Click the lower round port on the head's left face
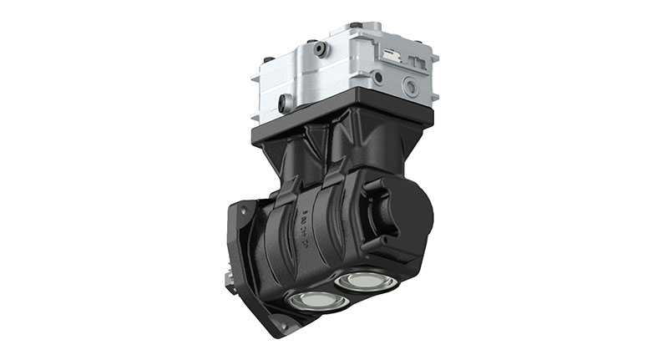coord(286,104)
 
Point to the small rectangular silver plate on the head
coord(392,58)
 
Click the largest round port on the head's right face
coord(411,86)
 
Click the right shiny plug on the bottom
coord(364,280)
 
